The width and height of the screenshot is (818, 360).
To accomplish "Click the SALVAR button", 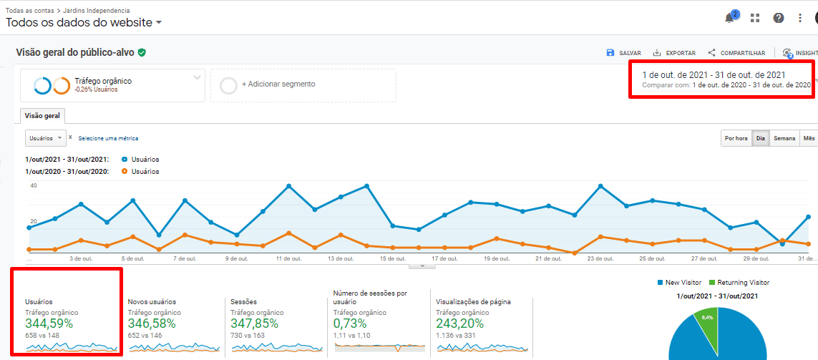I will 623,53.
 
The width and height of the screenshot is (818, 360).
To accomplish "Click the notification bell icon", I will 730,18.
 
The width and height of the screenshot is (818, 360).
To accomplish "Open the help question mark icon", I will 779,18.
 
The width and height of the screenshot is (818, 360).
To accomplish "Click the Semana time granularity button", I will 784,138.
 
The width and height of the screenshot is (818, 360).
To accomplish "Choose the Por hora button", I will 736,138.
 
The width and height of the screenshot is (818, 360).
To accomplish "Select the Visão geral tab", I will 42,115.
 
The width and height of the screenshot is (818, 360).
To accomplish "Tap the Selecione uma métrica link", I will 108,138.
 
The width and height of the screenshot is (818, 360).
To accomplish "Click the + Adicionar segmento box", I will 303,84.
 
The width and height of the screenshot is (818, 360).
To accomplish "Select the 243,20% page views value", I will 460,323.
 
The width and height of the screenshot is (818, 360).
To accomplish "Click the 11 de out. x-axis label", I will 288,258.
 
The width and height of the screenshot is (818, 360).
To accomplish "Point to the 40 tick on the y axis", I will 33,185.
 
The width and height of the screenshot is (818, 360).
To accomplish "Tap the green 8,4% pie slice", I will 708,323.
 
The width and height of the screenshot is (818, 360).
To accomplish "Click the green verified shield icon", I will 142,52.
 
